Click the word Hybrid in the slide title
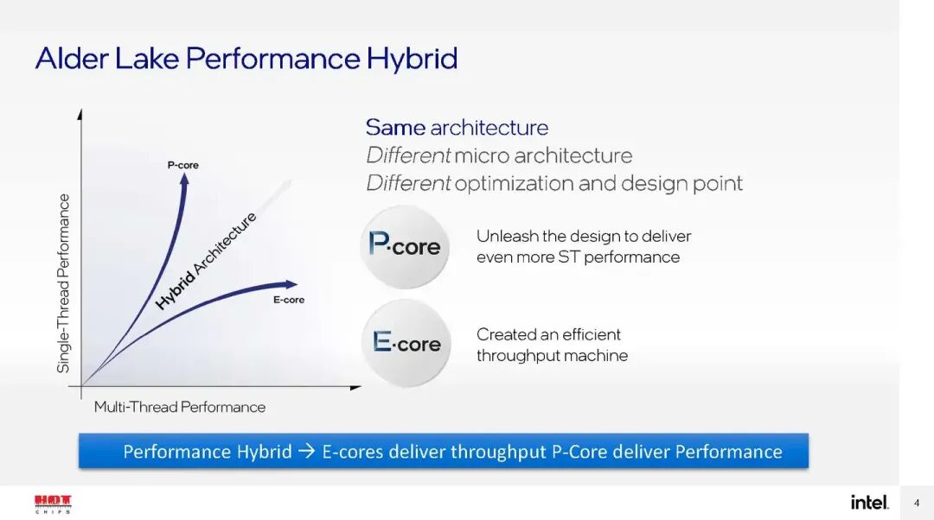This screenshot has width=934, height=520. [412, 59]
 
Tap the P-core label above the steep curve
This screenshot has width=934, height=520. [182, 164]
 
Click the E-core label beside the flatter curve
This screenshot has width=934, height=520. [289, 300]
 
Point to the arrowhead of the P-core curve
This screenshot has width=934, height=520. [183, 178]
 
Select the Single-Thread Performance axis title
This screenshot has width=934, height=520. [63, 283]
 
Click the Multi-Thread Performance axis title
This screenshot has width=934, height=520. [180, 407]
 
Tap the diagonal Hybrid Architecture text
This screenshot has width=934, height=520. [206, 260]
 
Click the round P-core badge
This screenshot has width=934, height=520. [404, 246]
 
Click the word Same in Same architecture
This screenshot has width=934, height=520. [394, 128]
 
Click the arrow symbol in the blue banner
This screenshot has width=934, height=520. [307, 452]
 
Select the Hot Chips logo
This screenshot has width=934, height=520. [53, 503]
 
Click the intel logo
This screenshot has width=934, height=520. [869, 502]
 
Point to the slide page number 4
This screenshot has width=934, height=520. [917, 503]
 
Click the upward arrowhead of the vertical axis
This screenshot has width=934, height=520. [80, 113]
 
